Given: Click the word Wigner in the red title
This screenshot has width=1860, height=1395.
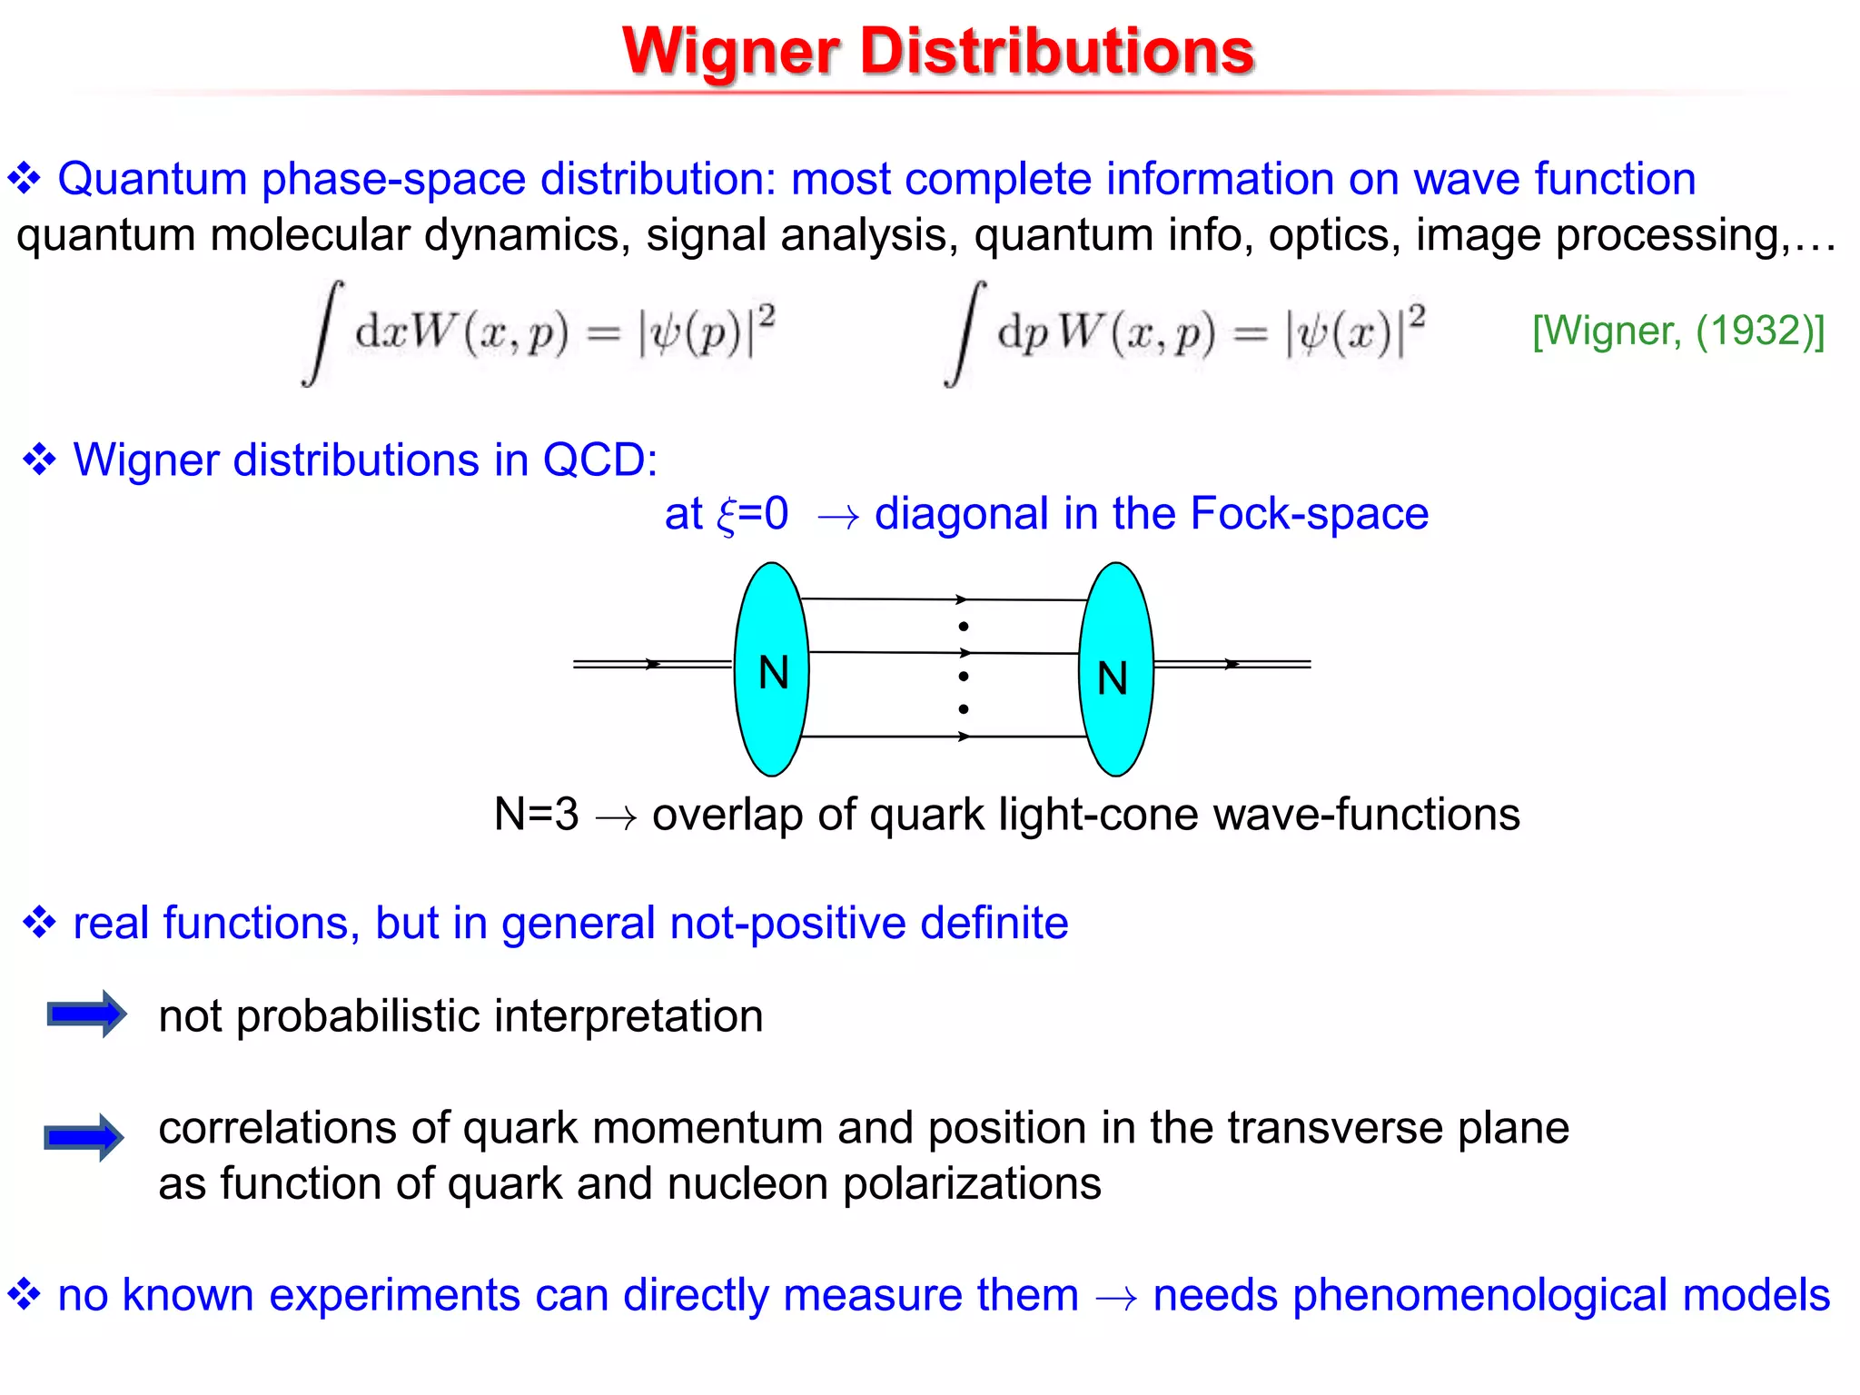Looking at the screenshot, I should tap(730, 52).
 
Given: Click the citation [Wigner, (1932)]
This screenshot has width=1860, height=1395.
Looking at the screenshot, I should tap(1678, 331).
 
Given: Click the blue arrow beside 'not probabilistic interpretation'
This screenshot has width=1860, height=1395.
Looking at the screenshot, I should tap(86, 1014).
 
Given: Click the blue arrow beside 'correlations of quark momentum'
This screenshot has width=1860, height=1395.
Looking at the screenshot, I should tap(84, 1137).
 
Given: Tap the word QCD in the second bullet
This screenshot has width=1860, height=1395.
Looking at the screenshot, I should tap(599, 460).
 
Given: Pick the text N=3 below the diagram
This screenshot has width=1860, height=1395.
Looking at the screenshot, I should tap(536, 814).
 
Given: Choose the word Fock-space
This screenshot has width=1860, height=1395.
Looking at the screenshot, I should tap(1309, 514).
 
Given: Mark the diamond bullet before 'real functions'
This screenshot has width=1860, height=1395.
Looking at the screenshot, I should tap(40, 923).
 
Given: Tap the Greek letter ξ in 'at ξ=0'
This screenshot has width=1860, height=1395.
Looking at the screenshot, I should tap(727, 516).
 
